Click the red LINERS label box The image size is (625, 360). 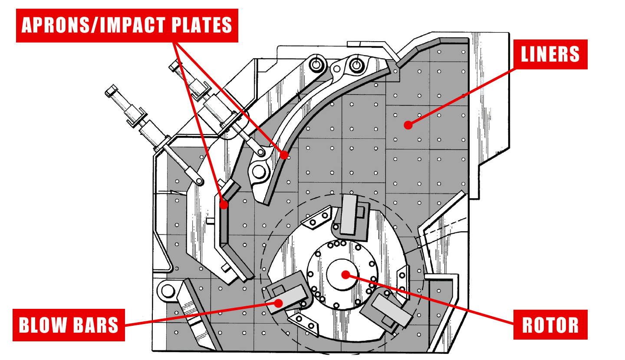[550, 54]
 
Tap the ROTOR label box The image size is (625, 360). [550, 324]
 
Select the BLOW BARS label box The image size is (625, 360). [69, 325]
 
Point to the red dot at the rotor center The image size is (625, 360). [345, 274]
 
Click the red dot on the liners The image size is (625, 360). [407, 125]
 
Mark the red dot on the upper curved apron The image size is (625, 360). [284, 154]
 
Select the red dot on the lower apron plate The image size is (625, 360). [224, 205]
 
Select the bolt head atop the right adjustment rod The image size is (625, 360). [174, 66]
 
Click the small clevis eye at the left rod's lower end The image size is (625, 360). [199, 180]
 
